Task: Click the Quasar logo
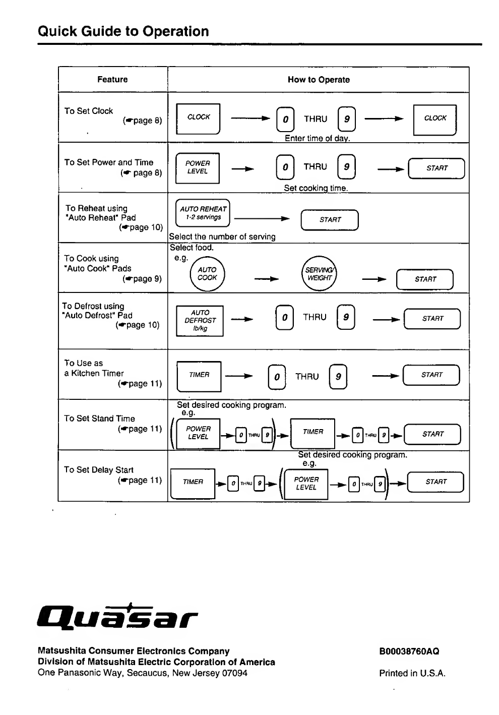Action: (117, 617)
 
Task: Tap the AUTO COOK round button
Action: (207, 274)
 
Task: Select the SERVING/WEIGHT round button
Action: (319, 274)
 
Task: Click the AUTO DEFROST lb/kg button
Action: (200, 321)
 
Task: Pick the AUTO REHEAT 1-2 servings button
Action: (203, 213)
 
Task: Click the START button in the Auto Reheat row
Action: (330, 220)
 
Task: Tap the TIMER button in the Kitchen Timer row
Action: (199, 376)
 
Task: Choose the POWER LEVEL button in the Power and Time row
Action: (198, 168)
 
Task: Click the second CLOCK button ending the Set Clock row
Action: (435, 120)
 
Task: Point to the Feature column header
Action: (112, 79)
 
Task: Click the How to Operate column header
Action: (319, 80)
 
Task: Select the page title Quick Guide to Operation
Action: (123, 31)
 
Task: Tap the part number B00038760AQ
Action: (409, 651)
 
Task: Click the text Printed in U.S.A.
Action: (412, 673)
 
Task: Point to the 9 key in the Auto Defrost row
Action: (346, 317)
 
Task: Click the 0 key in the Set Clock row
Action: (285, 119)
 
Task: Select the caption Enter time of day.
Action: (317, 138)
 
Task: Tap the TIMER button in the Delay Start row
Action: (193, 484)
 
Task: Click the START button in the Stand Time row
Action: (432, 434)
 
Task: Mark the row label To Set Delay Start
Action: (99, 469)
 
